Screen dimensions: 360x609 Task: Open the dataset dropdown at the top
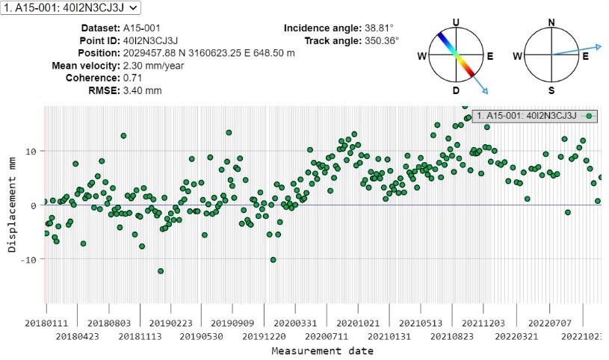coord(70,7)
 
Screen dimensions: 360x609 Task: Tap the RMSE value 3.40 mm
coord(144,91)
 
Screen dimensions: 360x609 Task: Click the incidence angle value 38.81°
coord(380,28)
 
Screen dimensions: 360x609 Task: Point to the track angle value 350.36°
coord(382,40)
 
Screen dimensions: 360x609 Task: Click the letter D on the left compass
coord(456,90)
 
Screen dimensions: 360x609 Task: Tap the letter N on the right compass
coord(551,22)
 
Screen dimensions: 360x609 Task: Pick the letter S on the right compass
coord(551,90)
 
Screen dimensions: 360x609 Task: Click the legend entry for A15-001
coord(526,116)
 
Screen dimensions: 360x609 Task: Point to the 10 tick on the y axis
coord(31,152)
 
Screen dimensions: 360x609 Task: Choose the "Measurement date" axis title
coord(322,351)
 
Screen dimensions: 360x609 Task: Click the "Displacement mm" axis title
coord(12,205)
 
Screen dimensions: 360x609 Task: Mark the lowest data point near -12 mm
coord(161,271)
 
